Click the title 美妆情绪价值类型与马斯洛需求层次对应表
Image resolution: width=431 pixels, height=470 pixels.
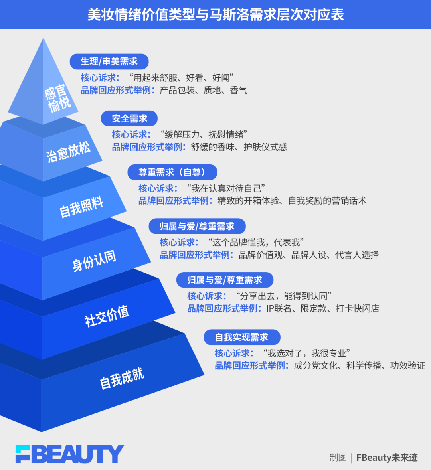tap(215, 15)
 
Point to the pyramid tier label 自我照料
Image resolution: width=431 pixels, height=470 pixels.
tap(81, 207)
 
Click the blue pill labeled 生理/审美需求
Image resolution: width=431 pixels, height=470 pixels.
tap(109, 61)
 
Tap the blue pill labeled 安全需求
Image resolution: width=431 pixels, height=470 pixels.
tap(129, 118)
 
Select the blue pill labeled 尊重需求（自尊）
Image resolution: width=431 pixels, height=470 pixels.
tap(172, 172)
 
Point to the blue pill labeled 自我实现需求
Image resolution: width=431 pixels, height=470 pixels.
tap(241, 337)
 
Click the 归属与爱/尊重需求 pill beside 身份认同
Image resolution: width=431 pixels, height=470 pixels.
tap(197, 226)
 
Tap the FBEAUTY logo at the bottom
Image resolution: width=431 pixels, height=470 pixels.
tap(70, 454)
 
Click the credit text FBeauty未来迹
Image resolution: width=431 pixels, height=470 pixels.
tap(387, 458)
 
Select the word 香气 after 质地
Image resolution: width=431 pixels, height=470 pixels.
tap(239, 90)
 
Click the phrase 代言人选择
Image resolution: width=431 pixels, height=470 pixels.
tap(357, 255)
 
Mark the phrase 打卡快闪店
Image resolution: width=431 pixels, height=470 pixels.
tap(357, 308)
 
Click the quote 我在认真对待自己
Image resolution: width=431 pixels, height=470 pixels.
tap(226, 188)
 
